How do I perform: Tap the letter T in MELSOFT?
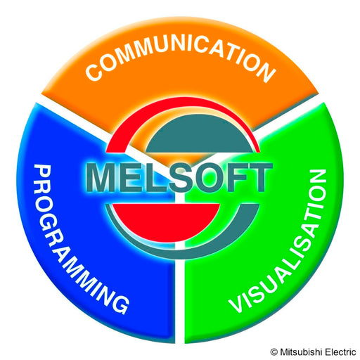(x=259, y=177)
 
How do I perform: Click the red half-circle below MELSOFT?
(x=166, y=220)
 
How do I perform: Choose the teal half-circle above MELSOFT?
(x=199, y=135)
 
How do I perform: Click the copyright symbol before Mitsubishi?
(x=274, y=352)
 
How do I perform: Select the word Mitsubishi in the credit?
(x=300, y=352)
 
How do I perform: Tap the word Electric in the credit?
(x=340, y=352)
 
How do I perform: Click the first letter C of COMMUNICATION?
(x=94, y=72)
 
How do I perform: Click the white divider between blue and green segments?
(x=179, y=293)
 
